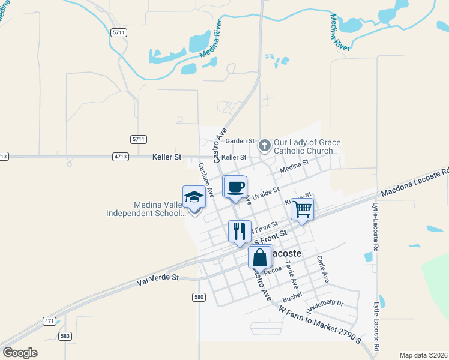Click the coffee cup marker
[x=235, y=187]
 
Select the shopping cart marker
[x=302, y=209]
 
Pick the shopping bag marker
[x=260, y=257]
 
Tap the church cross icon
[x=264, y=145]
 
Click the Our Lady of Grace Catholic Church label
[x=307, y=147]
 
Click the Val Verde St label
[x=158, y=278]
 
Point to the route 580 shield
[x=199, y=297]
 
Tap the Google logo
[x=20, y=353]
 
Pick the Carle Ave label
[x=323, y=269]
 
